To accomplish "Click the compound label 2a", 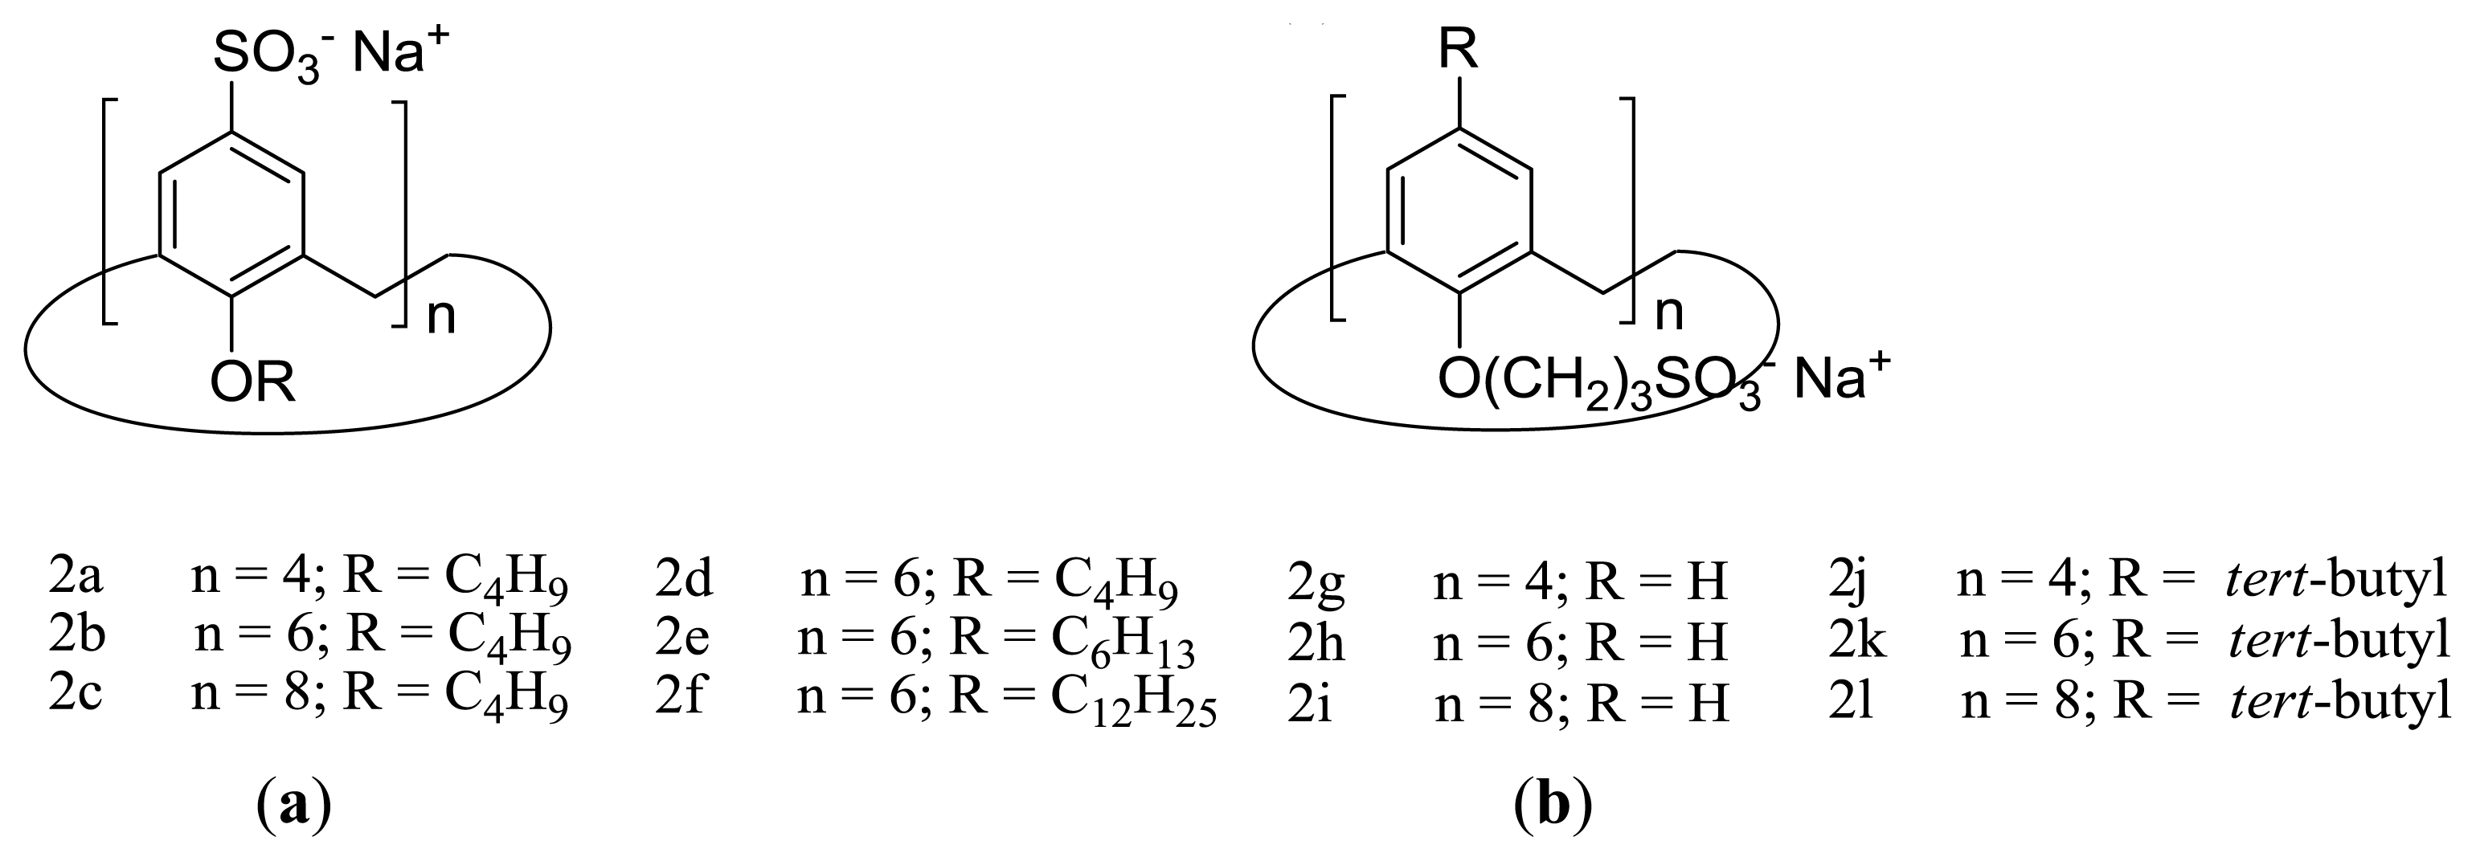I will (76, 577).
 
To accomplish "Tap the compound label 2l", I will (1852, 703).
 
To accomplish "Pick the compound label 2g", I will (1316, 582).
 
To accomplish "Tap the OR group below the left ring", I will (253, 385).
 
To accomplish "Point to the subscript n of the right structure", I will (1670, 312).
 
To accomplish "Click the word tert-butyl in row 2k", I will (2339, 641).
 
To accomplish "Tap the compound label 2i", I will (1309, 704).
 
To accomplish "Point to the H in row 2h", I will (1707, 642).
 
